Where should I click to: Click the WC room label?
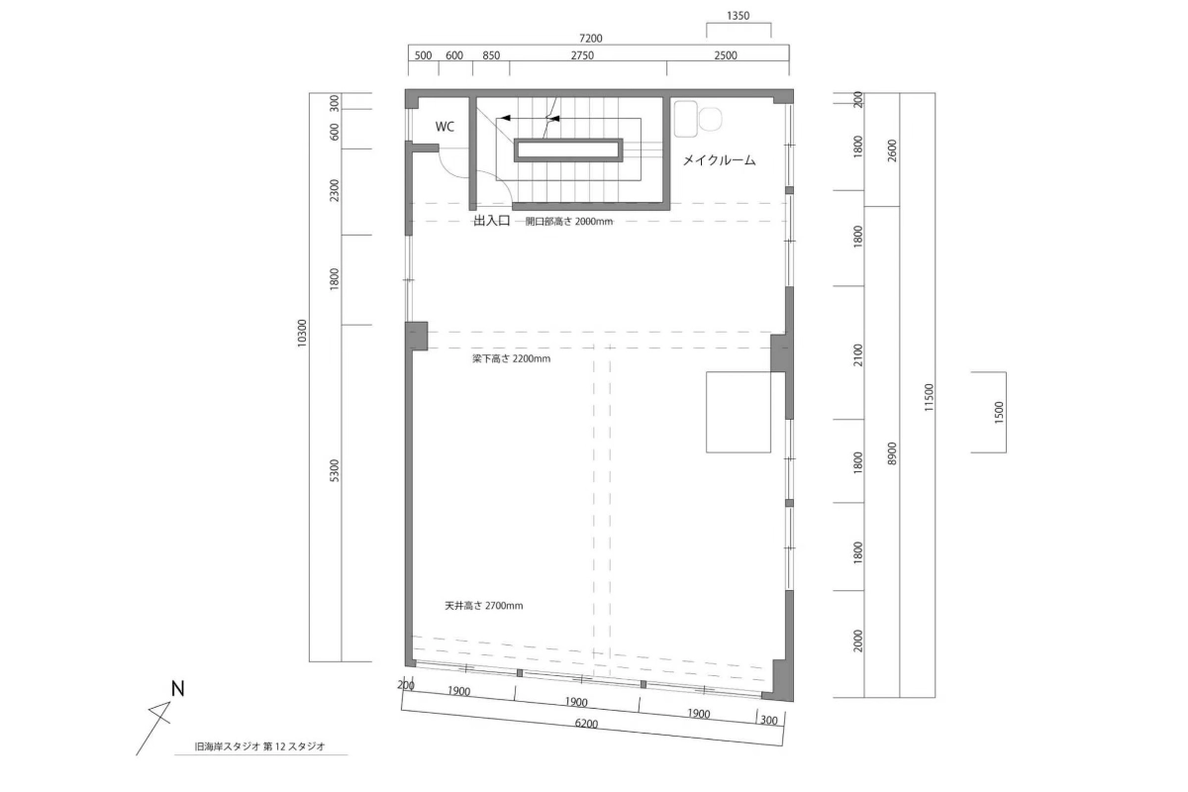pos(445,127)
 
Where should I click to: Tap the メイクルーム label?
pos(719,160)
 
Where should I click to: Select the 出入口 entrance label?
pos(492,221)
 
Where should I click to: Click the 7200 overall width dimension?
pos(590,39)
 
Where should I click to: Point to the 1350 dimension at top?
pos(738,16)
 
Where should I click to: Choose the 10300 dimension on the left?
pos(302,334)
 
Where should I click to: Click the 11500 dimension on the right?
pos(929,397)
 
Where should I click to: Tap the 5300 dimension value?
pos(335,470)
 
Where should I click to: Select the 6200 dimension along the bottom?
pos(586,724)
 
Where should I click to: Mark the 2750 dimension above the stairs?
pos(582,55)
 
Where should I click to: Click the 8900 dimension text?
pos(892,453)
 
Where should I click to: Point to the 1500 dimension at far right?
pos(999,412)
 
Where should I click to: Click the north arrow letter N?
pos(177,689)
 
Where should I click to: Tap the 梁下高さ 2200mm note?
pos(511,358)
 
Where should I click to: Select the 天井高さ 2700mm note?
pos(484,605)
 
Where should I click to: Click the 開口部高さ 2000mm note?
pos(568,221)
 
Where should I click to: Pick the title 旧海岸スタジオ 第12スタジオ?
pos(259,745)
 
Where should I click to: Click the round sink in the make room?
pos(710,119)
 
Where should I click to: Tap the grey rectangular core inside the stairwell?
pos(568,150)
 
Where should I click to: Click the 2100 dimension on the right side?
pos(858,354)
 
